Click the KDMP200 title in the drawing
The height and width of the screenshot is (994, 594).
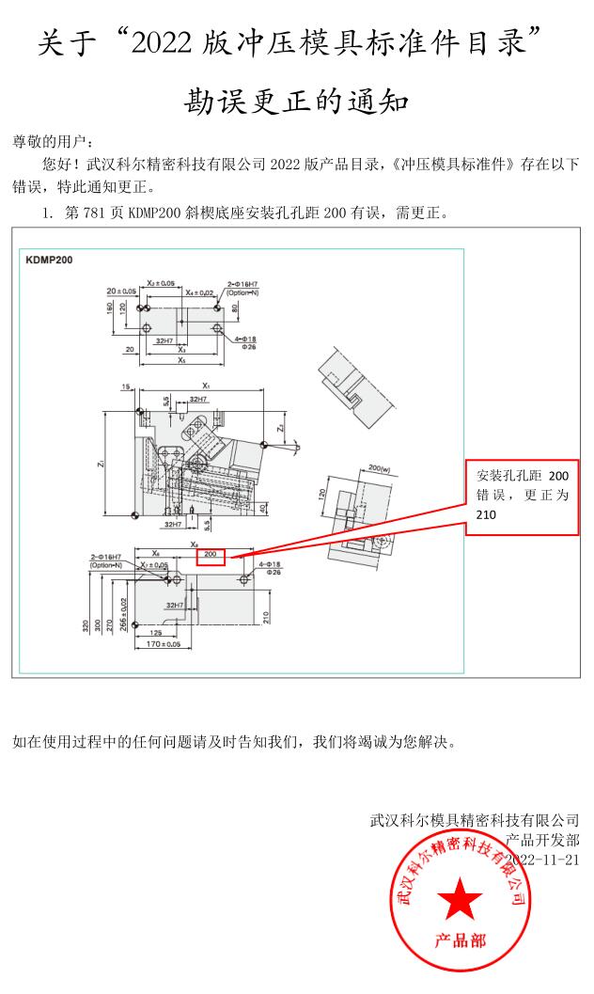tap(50, 259)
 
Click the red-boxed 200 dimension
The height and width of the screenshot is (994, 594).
tap(210, 555)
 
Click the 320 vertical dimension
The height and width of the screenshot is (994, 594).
tap(86, 624)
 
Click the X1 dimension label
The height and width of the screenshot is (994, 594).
tap(206, 386)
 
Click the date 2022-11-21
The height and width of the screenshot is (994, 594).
tap(542, 860)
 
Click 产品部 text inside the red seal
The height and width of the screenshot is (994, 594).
tap(460, 941)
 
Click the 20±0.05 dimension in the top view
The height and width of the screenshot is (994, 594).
tap(121, 292)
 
